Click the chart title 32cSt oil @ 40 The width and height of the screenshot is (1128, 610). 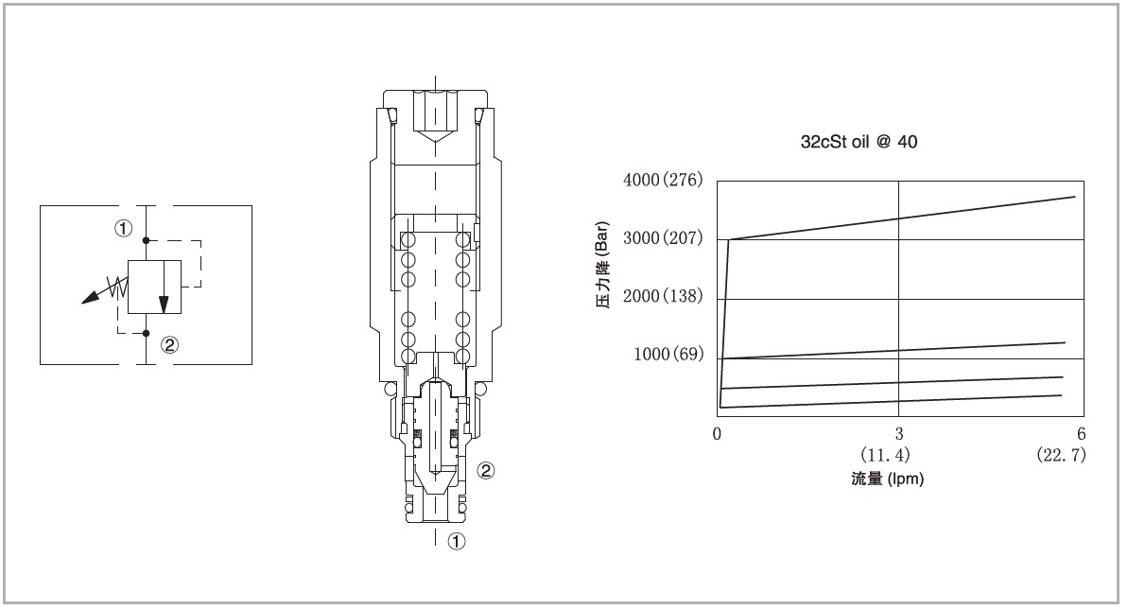tap(859, 142)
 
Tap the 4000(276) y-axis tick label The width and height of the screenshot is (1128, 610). tap(663, 179)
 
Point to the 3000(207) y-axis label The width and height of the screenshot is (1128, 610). tap(663, 238)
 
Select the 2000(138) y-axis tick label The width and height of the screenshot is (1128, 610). tap(663, 296)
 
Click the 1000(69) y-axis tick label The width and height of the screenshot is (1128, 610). tap(668, 354)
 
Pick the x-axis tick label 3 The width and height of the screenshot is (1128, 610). tap(899, 434)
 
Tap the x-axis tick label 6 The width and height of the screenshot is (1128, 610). tap(1082, 434)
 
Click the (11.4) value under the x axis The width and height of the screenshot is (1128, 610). tap(885, 455)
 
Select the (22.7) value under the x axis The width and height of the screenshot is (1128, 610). tap(1061, 455)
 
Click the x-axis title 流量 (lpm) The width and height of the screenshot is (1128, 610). tap(887, 479)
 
